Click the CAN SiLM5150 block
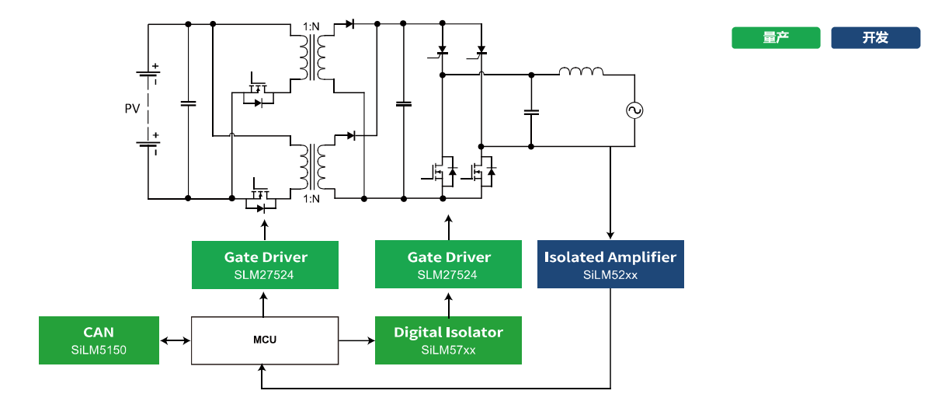click(x=99, y=340)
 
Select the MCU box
click(x=265, y=340)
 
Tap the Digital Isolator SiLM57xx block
click(x=448, y=340)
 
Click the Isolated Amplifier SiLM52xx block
click(x=610, y=264)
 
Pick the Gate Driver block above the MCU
click(x=266, y=264)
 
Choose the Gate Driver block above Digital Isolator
click(x=448, y=264)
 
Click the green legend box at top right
click(x=775, y=37)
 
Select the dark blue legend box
click(x=875, y=37)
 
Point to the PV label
click(x=133, y=109)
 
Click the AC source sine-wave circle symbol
click(x=634, y=110)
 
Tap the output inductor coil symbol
click(x=581, y=72)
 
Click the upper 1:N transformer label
click(x=311, y=28)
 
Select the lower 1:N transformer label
click(x=311, y=200)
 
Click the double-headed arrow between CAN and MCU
click(x=175, y=340)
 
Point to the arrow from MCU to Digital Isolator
click(x=357, y=340)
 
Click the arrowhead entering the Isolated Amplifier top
click(x=610, y=235)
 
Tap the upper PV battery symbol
click(x=148, y=75)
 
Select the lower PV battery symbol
click(x=148, y=144)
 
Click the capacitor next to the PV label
click(x=188, y=103)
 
